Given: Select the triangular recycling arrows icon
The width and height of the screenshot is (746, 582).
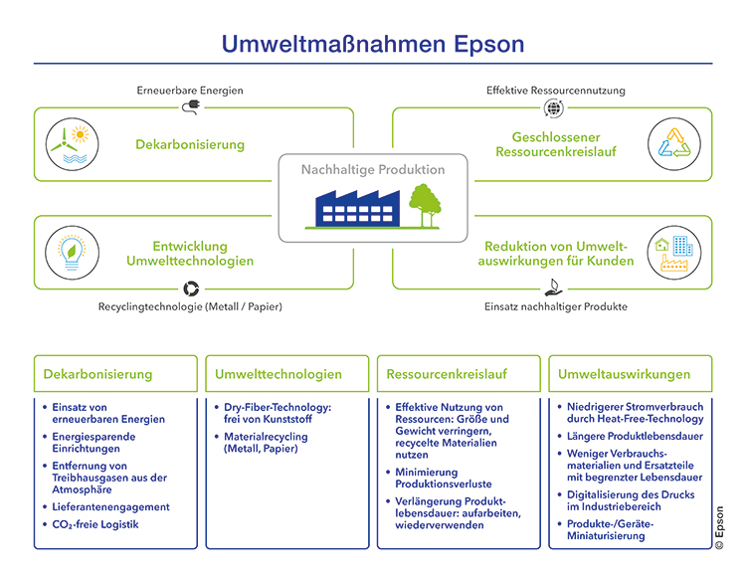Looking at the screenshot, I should [x=675, y=145].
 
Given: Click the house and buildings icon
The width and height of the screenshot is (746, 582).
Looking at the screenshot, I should [x=675, y=253].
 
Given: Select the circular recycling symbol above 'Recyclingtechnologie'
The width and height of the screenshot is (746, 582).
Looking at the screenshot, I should [x=190, y=289].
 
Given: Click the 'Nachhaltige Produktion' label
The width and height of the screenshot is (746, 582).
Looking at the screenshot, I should [x=373, y=170].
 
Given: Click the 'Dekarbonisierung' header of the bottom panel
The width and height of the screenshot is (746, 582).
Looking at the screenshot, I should [x=98, y=375].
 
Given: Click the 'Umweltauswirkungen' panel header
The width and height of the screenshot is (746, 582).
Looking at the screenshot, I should [x=624, y=375].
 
